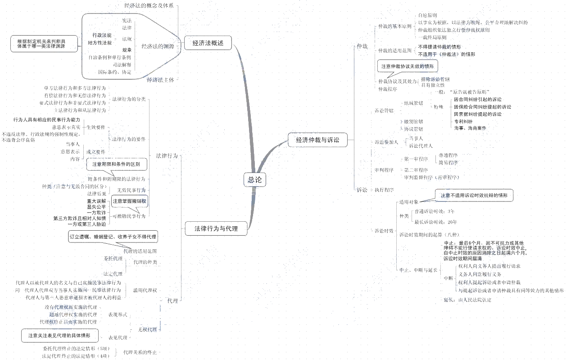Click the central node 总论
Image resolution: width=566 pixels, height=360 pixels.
click(x=254, y=180)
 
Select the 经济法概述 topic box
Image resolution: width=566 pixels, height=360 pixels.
click(x=208, y=43)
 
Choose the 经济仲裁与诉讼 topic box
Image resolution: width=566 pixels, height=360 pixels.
click(x=317, y=140)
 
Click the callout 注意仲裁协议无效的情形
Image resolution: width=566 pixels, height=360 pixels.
click(x=408, y=66)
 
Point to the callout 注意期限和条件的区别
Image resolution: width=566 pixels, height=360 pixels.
click(x=116, y=164)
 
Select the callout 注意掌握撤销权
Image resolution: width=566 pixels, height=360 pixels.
click(x=130, y=201)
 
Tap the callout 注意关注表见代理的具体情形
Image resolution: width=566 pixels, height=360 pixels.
click(x=59, y=336)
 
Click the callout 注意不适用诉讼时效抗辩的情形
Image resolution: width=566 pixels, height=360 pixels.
click(x=474, y=196)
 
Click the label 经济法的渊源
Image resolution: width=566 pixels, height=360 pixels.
click(x=158, y=46)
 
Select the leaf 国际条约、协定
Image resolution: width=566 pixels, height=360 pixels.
click(x=115, y=72)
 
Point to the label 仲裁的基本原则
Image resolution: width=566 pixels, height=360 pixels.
click(x=394, y=27)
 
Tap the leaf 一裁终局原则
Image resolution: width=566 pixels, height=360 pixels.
click(x=432, y=37)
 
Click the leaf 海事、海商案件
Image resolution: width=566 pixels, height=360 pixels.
click(x=470, y=128)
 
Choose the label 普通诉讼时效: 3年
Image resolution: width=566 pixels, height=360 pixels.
click(x=434, y=211)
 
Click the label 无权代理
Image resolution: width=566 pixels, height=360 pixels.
click(x=147, y=329)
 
